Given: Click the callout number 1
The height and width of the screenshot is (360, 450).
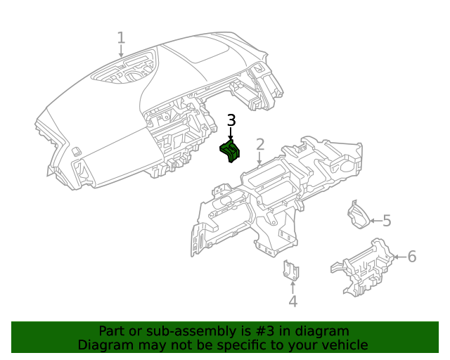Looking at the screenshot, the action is tap(121, 38).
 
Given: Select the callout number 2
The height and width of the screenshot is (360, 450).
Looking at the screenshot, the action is tap(260, 144).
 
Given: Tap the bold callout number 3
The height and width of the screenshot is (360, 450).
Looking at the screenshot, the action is tap(231, 120).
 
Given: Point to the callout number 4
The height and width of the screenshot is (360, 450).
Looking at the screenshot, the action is tap(292, 302).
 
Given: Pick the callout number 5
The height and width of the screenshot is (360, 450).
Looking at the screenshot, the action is tap(387, 221).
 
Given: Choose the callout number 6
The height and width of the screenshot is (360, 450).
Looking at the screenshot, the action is tap(412, 257).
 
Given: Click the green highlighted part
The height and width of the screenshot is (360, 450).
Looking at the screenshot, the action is tap(230, 151).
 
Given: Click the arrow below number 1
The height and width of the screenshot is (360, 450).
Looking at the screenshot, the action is tap(121, 51).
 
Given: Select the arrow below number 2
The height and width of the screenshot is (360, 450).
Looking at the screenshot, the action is tap(259, 158).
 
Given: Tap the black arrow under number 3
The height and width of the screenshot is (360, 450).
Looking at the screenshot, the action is tap(231, 134).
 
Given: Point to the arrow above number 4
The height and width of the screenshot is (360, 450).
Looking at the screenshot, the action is tap(292, 288).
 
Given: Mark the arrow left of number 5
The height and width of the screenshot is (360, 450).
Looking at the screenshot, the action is tap(376, 221).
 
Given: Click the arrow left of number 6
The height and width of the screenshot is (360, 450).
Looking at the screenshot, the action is tap(400, 257).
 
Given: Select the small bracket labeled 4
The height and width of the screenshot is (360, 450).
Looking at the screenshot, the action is tap(291, 270).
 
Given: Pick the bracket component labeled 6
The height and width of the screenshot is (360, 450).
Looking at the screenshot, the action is tap(363, 268).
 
